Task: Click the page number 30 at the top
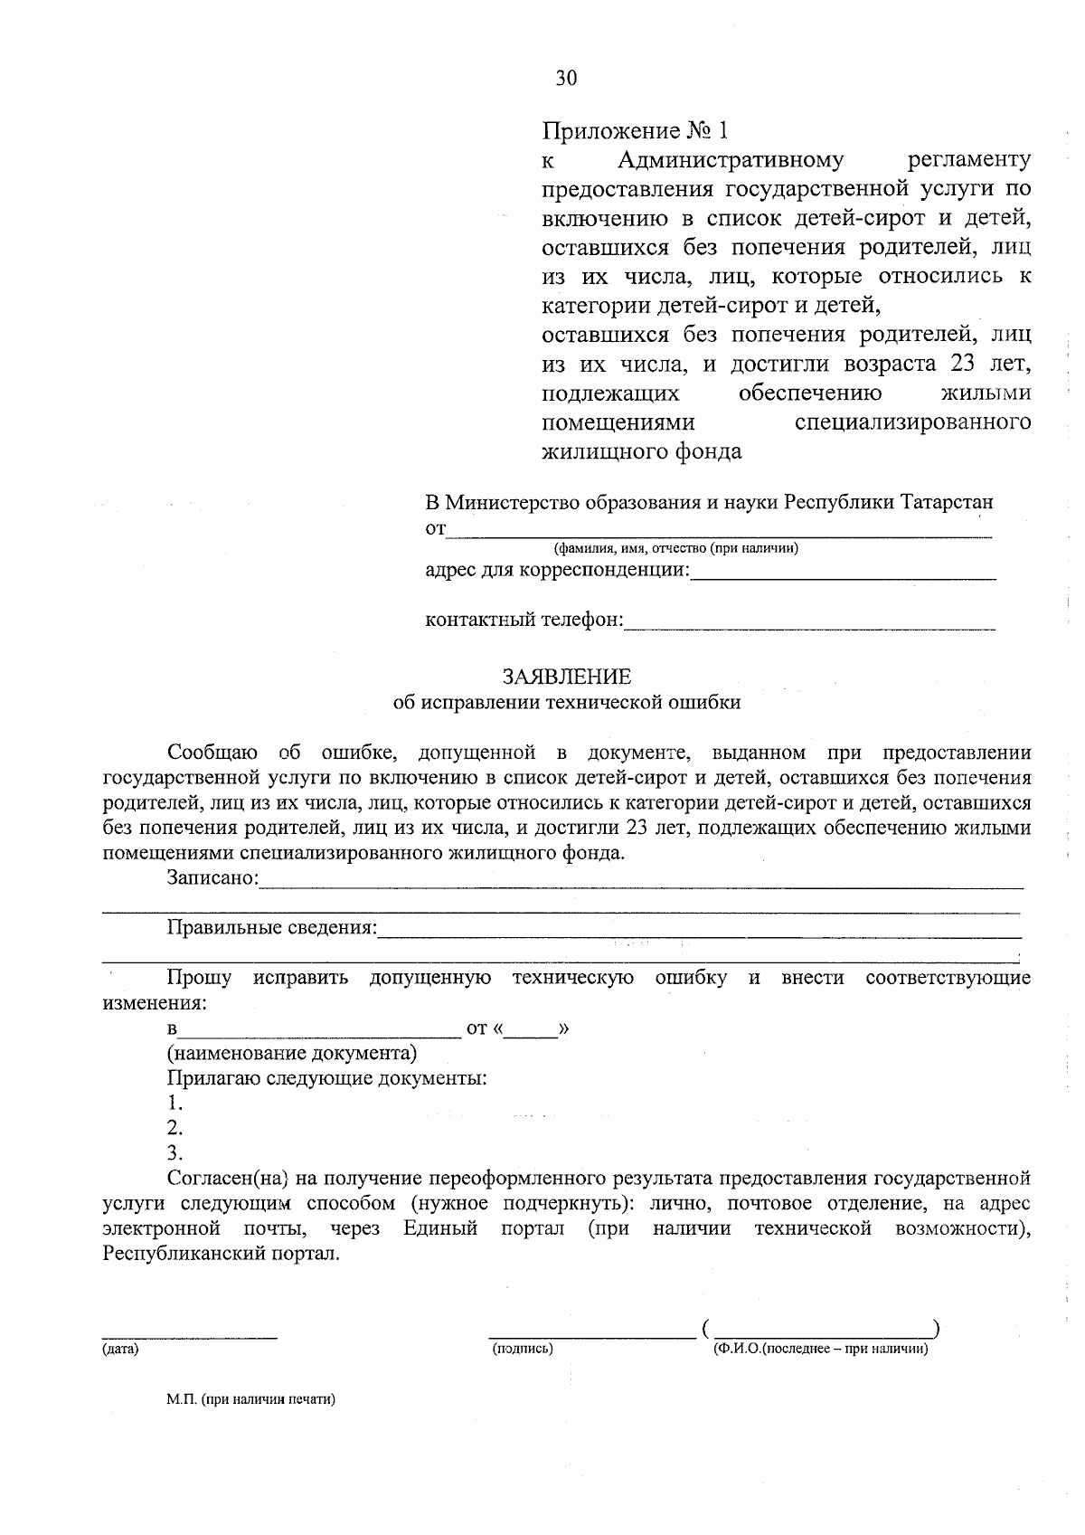tap(566, 79)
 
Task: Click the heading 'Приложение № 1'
tap(634, 131)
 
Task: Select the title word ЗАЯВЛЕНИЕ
tap(567, 677)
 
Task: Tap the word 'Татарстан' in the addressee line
tap(947, 502)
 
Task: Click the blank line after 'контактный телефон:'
tap(810, 623)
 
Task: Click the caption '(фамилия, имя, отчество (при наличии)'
tap(675, 548)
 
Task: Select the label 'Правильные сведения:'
tap(271, 927)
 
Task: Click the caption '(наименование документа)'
tap(291, 1054)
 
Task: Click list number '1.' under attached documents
tap(175, 1104)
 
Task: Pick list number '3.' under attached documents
tap(175, 1153)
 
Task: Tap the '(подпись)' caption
tap(523, 1349)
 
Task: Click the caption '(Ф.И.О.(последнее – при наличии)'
tap(820, 1349)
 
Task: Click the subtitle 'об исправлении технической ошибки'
tap(567, 702)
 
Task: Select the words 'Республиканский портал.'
tap(222, 1254)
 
